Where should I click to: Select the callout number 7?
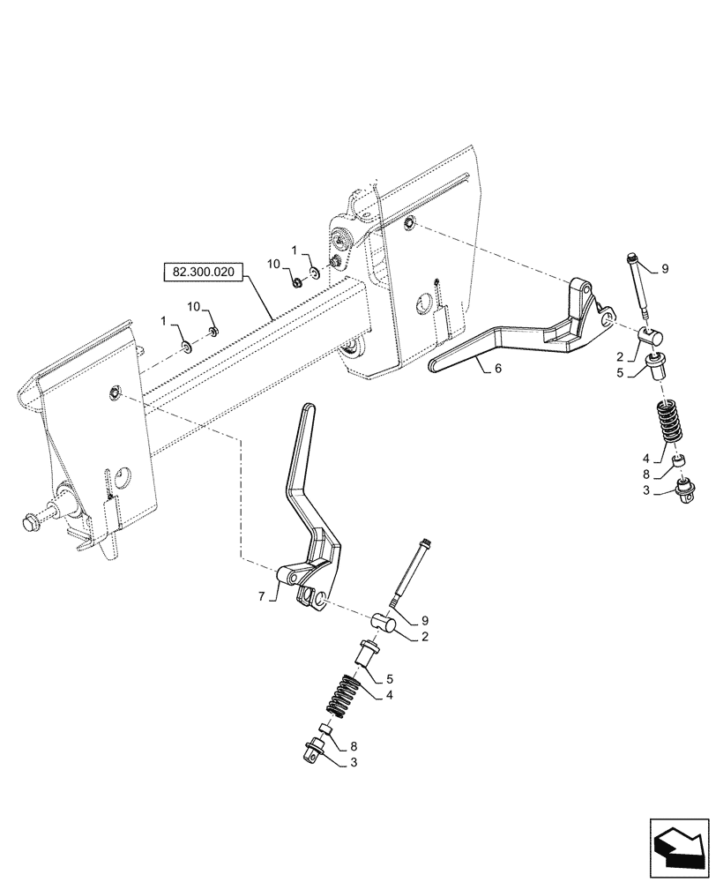[262, 597]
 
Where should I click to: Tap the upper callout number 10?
[273, 265]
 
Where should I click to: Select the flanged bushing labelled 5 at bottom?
[368, 654]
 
